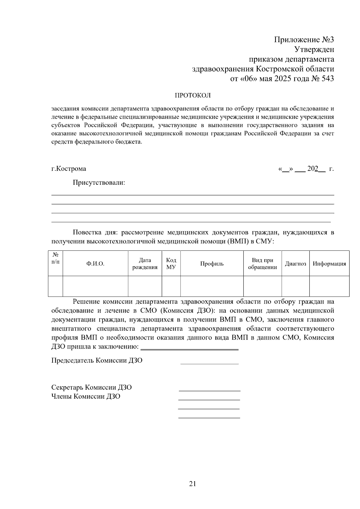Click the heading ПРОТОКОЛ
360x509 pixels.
pyautogui.click(x=193, y=96)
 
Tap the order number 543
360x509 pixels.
pyautogui.click(x=327, y=79)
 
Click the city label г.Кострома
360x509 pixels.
pyautogui.click(x=69, y=169)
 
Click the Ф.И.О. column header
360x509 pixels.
pyautogui.click(x=95, y=264)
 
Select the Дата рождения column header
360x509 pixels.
pyautogui.click(x=145, y=264)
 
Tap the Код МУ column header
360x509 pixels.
pyautogui.click(x=171, y=264)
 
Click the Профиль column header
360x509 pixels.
pyautogui.click(x=212, y=264)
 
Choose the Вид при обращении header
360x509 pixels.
pyautogui.click(x=262, y=264)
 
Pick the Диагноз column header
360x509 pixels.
pyautogui.click(x=295, y=264)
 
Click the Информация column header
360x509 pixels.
pyautogui.click(x=329, y=264)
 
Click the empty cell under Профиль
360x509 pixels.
pyautogui.click(x=212, y=286)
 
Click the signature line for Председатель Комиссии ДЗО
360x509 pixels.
pyautogui.click(x=209, y=363)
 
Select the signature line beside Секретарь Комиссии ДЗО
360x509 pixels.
pyautogui.click(x=209, y=390)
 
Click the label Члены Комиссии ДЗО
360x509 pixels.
pyautogui.click(x=86, y=397)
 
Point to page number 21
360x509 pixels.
pyautogui.click(x=193, y=484)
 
